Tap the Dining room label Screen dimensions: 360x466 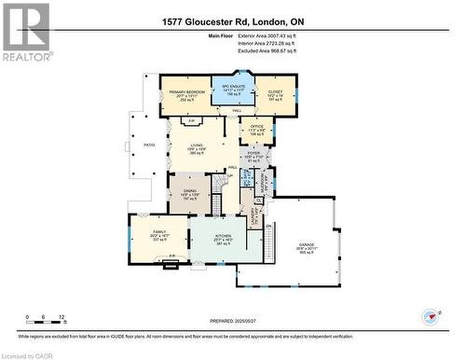(x=189, y=192)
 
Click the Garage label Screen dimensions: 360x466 (x=307, y=244)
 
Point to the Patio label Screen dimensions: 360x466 (x=149, y=145)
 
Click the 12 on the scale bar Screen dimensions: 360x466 (x=62, y=317)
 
